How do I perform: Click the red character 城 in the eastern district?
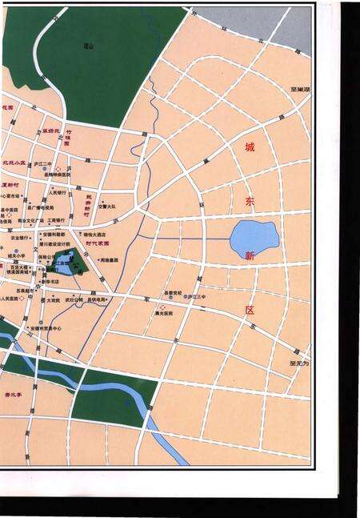[251, 149]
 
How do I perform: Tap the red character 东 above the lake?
[251, 203]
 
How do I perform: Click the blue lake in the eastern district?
[254, 237]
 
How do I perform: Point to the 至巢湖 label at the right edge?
[301, 90]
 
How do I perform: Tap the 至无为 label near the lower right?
[299, 363]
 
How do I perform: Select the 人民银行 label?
[57, 192]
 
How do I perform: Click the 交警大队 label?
[107, 206]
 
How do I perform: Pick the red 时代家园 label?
[99, 242]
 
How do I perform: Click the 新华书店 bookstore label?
[50, 282]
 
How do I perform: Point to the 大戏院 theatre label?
[53, 300]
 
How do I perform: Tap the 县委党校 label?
[174, 291]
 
